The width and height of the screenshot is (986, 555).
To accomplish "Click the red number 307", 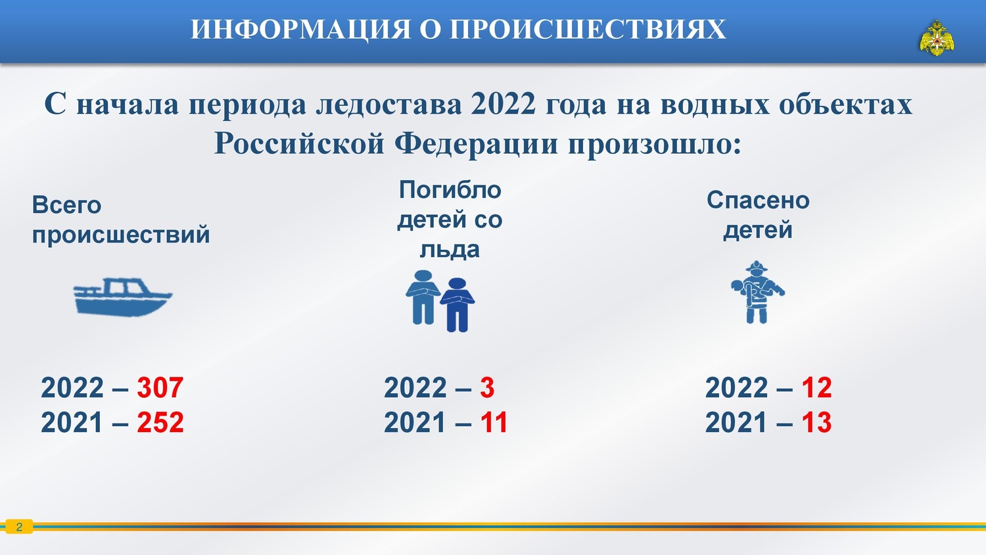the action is tap(160, 387).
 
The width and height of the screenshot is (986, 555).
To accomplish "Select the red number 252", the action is tap(160, 422).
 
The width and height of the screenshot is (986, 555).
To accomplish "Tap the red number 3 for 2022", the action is tap(487, 387).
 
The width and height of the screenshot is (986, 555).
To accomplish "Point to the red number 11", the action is tap(494, 422).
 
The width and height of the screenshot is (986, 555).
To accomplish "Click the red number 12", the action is tap(816, 387).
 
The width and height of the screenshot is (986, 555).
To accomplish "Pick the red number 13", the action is tap(816, 422).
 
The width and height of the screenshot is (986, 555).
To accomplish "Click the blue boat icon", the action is tap(122, 297).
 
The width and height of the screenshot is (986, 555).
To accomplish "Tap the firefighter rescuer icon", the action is tap(757, 292).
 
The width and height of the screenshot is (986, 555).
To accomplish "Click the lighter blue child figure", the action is tap(423, 297).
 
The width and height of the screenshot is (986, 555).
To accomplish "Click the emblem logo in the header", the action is tap(937, 38).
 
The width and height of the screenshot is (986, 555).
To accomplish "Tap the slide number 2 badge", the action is tap(19, 527).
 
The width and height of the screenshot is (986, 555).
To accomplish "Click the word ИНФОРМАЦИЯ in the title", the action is tap(301, 30).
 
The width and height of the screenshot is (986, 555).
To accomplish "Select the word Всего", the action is tap(66, 205).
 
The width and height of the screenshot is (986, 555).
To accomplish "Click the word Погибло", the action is tap(450, 190).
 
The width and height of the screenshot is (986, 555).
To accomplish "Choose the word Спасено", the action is tap(758, 201).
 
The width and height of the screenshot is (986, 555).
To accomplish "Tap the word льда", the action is tap(450, 249).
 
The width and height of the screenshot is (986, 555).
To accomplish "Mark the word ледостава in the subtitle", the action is tap(388, 105).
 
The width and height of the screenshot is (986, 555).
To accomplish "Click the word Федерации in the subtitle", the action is tap(477, 144).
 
